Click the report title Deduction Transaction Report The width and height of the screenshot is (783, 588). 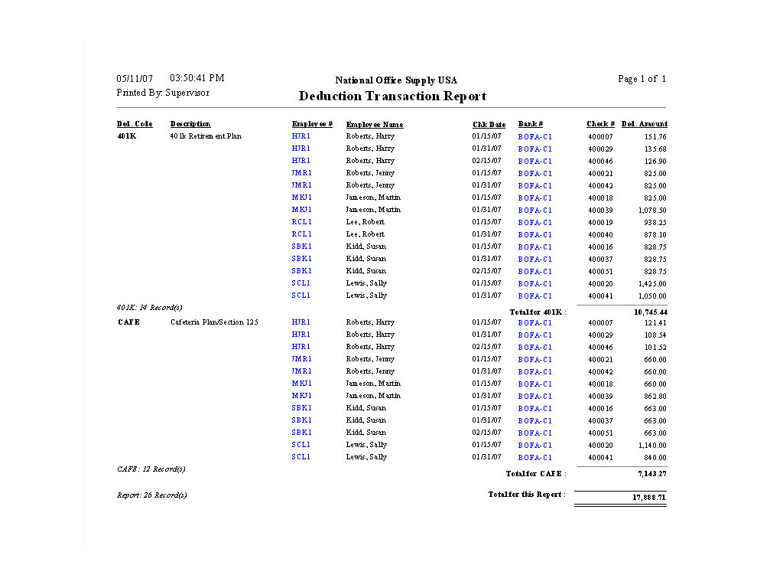pos(392,96)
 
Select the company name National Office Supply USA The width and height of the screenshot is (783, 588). pos(396,80)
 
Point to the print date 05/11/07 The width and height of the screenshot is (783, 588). pos(135,79)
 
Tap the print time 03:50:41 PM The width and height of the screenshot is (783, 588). pos(197,78)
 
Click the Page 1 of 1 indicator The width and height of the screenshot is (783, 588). pos(642,79)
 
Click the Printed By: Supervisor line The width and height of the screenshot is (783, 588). pos(163,93)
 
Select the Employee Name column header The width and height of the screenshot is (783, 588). pos(374,124)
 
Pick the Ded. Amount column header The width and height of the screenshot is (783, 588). pos(644,124)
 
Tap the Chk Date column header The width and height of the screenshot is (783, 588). pos(489,124)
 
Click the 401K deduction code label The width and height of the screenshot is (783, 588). pos(127,136)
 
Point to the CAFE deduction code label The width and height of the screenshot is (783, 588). pos(128,322)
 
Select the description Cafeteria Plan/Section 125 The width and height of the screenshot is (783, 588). pos(214,322)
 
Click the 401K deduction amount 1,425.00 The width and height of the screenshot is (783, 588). pos(651,283)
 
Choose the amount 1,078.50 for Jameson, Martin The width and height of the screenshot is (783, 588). pos(651,210)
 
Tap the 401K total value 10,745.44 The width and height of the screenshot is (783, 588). pos(650,312)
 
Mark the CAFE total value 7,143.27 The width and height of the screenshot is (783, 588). pos(651,474)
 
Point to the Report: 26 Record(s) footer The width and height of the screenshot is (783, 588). pos(151,495)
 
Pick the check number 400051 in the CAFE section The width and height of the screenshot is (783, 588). pos(600,433)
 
